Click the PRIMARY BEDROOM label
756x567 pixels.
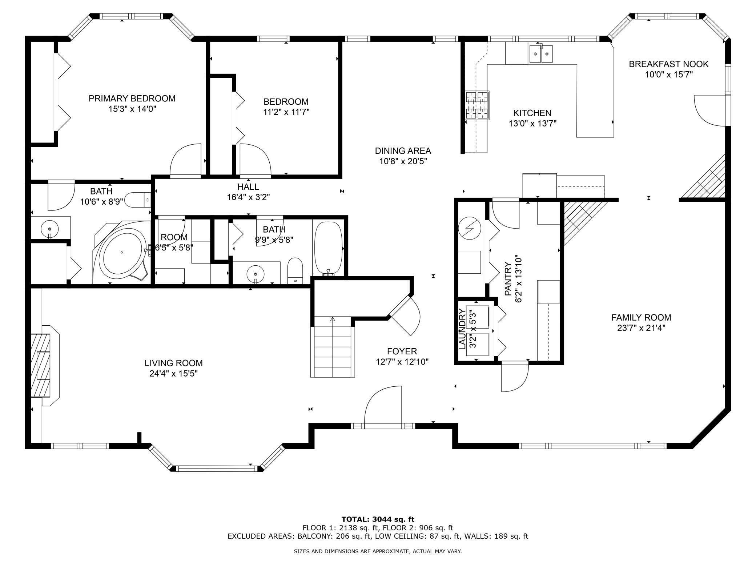[x=132, y=98]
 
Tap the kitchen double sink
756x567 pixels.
[x=541, y=54]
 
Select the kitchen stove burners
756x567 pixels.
[x=477, y=105]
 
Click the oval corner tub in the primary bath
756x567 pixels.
[x=122, y=252]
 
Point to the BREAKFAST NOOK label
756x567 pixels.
[x=669, y=64]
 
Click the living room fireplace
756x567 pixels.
[x=44, y=365]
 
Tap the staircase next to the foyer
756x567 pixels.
[x=333, y=347]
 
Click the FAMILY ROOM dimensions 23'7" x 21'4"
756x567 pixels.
[x=641, y=328]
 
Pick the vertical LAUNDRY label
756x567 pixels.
[x=462, y=329]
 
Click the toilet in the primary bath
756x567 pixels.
[x=138, y=200]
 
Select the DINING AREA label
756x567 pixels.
[x=403, y=151]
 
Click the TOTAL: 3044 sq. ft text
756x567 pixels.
[x=378, y=519]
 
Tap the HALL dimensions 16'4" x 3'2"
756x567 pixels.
[x=248, y=197]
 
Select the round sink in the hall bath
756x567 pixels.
[x=256, y=273]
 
